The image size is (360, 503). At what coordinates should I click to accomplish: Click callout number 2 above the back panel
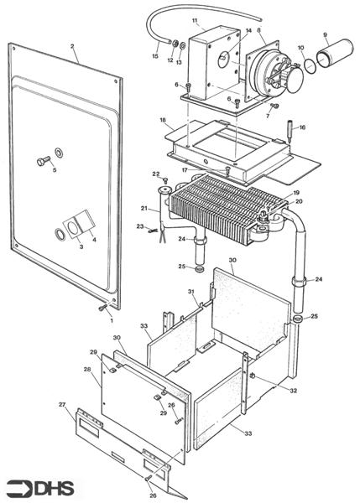point(73,46)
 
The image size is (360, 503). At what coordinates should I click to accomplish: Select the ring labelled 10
point(310,64)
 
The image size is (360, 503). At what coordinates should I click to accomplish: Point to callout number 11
point(195,20)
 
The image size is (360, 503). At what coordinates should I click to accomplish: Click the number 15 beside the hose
point(154,56)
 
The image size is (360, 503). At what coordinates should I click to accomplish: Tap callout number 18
point(163,121)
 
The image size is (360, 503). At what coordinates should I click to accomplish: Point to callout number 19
point(295,194)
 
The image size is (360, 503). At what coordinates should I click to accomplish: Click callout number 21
point(144,208)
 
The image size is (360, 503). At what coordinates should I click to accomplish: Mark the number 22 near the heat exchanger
point(155,174)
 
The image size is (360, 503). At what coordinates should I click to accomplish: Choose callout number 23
point(140,226)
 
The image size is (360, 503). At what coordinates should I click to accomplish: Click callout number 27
point(61,405)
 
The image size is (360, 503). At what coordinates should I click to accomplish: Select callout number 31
point(191,292)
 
